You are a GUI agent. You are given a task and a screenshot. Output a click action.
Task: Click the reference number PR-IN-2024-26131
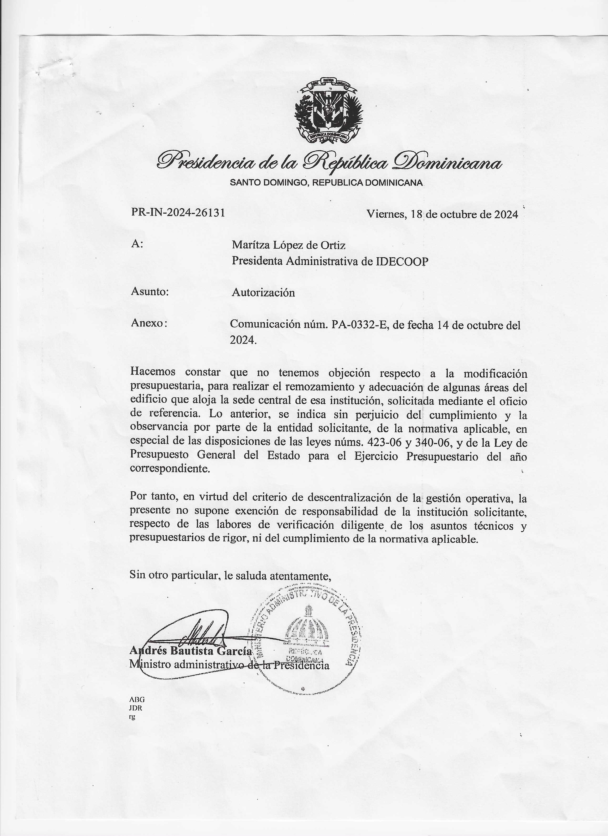coord(178,213)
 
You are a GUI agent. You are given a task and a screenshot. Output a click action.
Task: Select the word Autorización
coord(263,293)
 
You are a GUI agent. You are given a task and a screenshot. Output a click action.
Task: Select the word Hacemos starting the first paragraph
coord(153,372)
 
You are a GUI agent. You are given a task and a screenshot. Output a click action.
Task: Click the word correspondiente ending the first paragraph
coord(170,469)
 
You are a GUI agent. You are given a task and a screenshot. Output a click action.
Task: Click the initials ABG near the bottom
coord(137,700)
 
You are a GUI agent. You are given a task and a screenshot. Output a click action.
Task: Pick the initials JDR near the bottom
coord(136,708)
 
